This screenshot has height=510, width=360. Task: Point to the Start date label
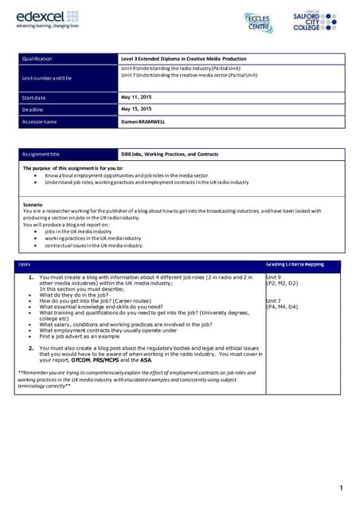(36, 97)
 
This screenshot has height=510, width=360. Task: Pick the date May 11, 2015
(136, 97)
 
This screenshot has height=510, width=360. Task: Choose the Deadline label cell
(33, 109)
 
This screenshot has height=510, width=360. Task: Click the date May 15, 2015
(136, 109)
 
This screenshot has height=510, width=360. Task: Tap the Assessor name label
(40, 121)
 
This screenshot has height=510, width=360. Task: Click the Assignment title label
(41, 153)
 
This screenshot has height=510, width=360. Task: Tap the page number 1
(340, 488)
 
